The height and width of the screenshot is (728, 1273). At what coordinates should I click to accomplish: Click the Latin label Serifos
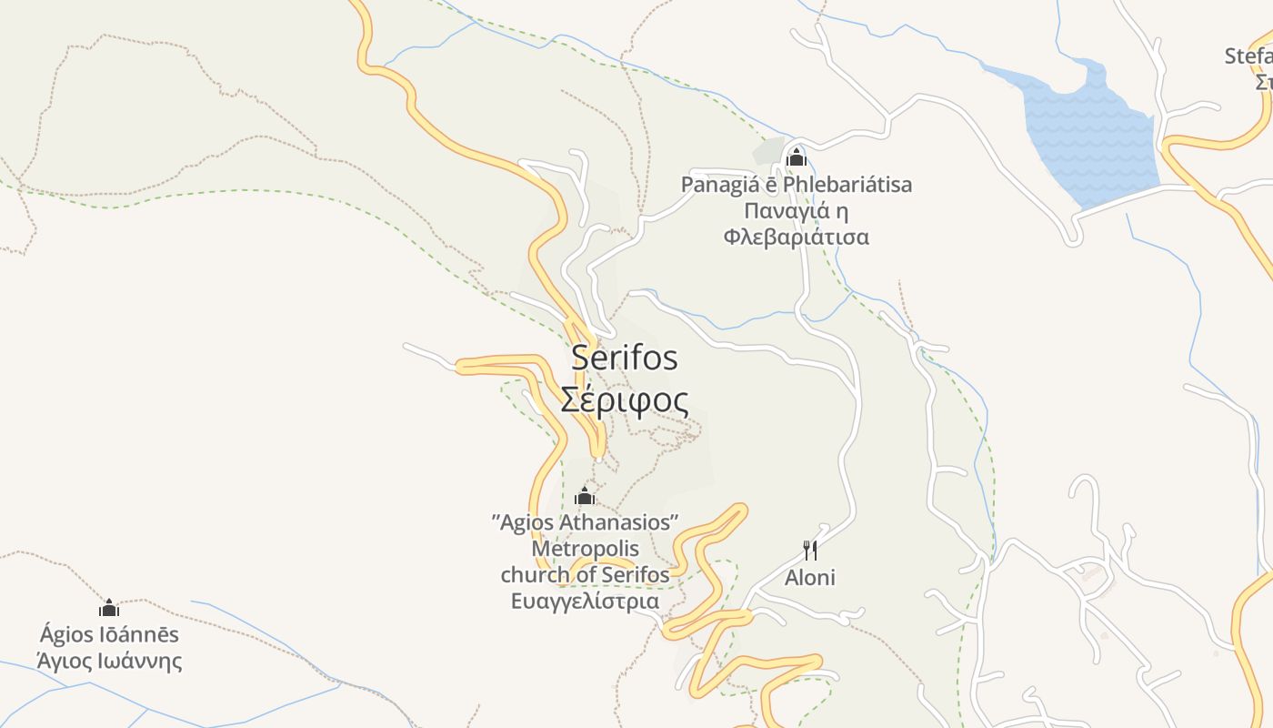point(625,358)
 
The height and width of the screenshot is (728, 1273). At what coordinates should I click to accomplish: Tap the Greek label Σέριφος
point(624,399)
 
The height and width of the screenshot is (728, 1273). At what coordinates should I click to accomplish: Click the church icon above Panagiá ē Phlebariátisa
point(797,157)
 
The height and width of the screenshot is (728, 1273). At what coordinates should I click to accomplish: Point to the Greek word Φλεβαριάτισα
point(797,238)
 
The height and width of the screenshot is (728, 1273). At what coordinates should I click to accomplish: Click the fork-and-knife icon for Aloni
point(810,550)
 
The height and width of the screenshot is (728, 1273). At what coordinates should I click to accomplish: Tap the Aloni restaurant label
point(810,578)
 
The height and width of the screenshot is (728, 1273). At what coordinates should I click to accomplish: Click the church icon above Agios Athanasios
point(585,496)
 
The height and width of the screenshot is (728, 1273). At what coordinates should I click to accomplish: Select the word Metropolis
point(586,549)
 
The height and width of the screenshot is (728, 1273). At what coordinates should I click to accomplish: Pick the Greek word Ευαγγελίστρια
point(585,602)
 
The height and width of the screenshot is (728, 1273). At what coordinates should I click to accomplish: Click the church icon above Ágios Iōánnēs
point(109,608)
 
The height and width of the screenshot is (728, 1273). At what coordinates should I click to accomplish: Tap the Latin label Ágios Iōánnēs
point(109,634)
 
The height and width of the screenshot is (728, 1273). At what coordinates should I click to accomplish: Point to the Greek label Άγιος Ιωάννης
point(109,661)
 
